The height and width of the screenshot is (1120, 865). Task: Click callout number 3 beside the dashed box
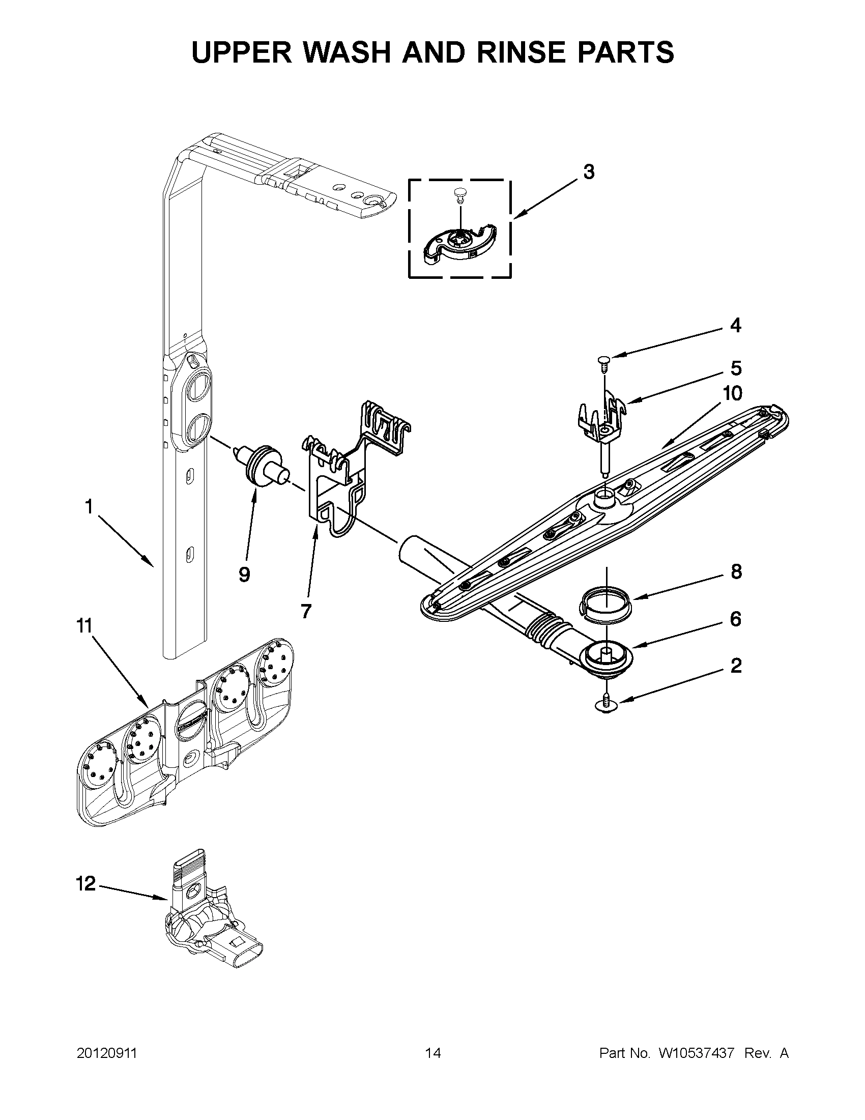[589, 173]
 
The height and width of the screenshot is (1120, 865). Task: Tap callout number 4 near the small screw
[735, 325]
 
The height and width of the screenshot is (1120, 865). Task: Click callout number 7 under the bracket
[306, 611]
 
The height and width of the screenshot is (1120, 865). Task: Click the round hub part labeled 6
[605, 657]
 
